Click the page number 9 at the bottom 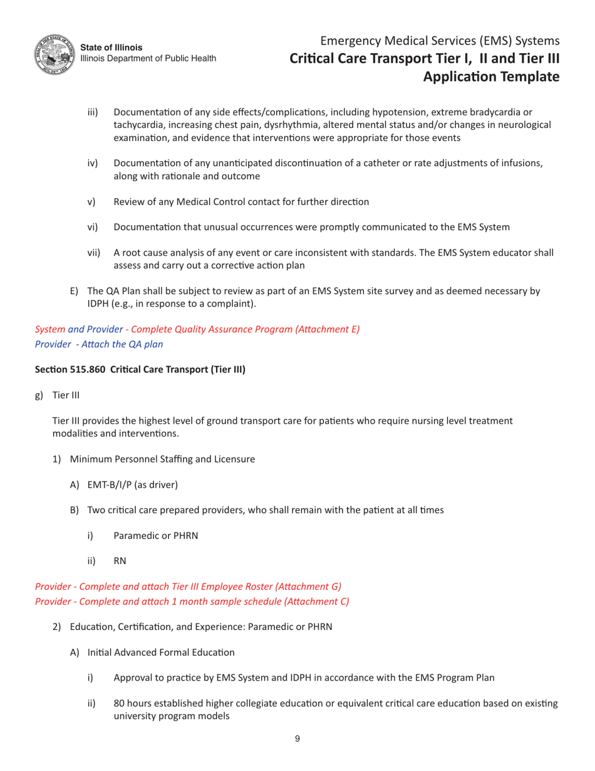[x=297, y=739]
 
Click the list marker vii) [x=94, y=253]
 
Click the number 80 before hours [x=119, y=703]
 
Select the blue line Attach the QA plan [x=118, y=344]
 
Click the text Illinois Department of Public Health [x=148, y=58]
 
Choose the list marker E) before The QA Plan [x=74, y=291]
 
